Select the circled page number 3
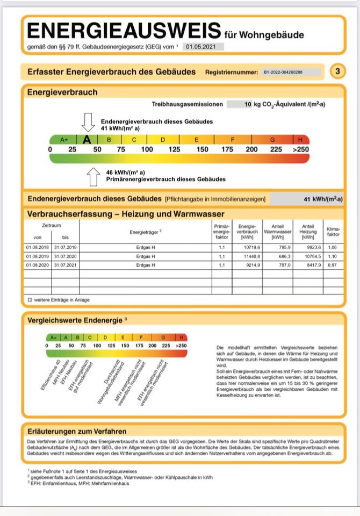[x=337, y=71]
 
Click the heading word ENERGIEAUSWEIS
[x=123, y=30]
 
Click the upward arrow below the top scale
[x=93, y=175]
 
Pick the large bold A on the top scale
[x=87, y=140]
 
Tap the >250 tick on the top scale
[x=301, y=149]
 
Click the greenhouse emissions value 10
[x=248, y=104]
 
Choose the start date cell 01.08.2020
[x=38, y=265]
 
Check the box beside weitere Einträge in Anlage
[x=30, y=299]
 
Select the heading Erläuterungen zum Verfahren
[x=77, y=431]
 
